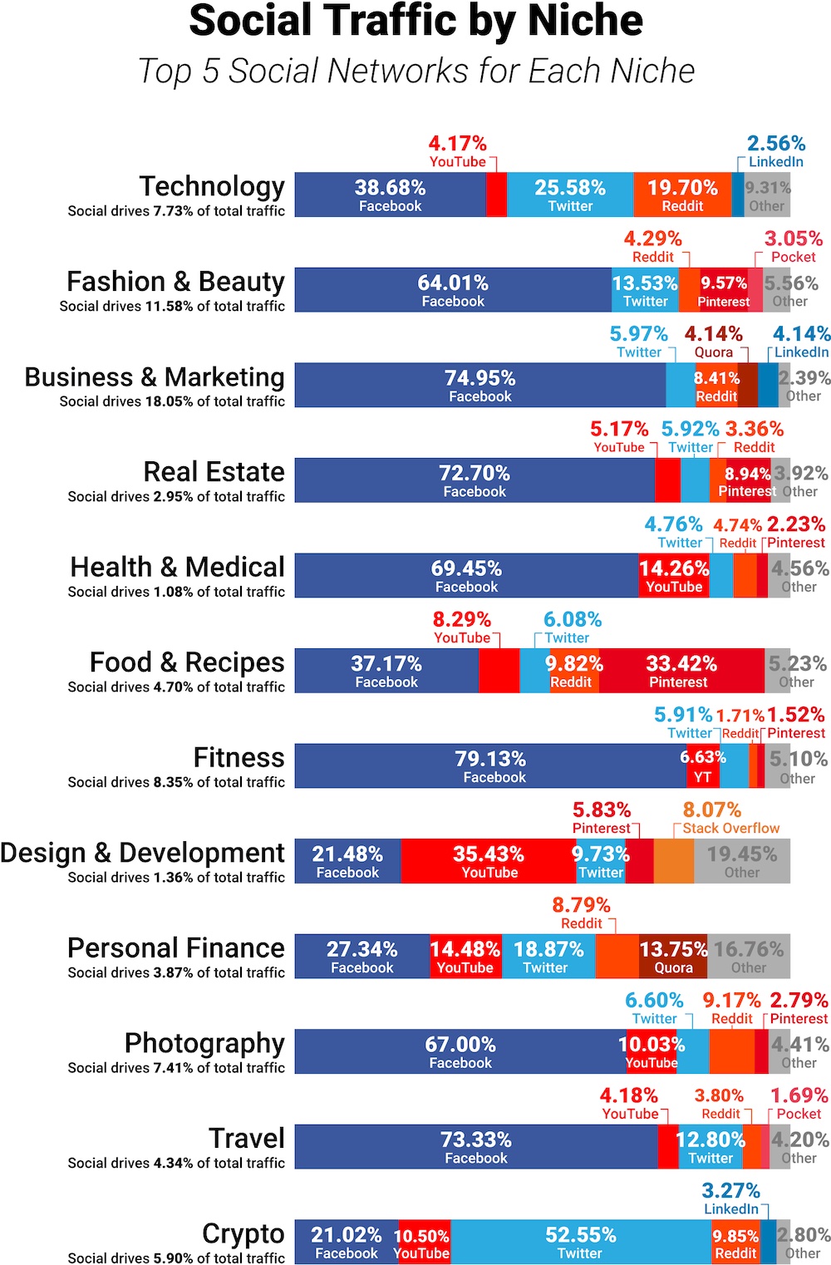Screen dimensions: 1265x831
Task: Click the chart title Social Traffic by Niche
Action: click(x=415, y=21)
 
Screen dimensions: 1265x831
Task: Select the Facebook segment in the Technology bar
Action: click(x=390, y=195)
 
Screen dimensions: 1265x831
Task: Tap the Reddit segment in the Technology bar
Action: click(x=682, y=195)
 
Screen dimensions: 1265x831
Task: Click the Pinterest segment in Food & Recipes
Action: click(x=681, y=672)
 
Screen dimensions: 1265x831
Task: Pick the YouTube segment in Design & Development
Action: click(x=489, y=862)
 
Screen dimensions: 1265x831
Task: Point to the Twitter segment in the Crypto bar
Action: click(x=580, y=1243)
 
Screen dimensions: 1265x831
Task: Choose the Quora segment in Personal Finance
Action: click(x=673, y=957)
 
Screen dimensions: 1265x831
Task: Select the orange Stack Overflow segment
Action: click(x=674, y=862)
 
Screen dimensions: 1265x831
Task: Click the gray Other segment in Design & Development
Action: click(x=741, y=862)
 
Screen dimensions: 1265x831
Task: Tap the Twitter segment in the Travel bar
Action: click(x=711, y=1147)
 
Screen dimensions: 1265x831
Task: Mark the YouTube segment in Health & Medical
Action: click(x=674, y=576)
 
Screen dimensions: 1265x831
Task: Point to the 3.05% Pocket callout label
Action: click(x=794, y=247)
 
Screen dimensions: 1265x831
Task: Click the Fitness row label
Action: click(x=238, y=758)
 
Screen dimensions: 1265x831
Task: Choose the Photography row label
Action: click(x=204, y=1043)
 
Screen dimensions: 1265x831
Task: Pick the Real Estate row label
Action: click(x=214, y=472)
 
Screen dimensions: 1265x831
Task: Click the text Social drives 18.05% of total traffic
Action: click(x=172, y=401)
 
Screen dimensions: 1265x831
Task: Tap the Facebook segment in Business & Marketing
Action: click(x=480, y=386)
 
